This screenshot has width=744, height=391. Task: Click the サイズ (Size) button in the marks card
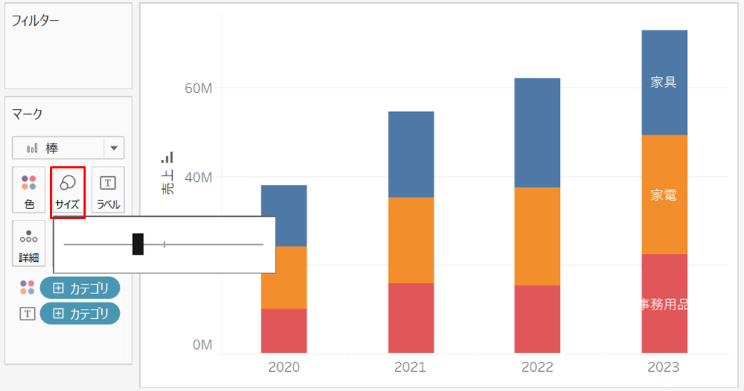(68, 192)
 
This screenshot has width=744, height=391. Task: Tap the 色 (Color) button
(29, 190)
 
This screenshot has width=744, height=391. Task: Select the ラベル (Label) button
(109, 190)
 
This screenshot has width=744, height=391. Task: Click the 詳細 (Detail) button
(29, 243)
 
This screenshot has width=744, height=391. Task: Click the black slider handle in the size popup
(138, 244)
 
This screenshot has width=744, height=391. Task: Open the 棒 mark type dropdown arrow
(114, 148)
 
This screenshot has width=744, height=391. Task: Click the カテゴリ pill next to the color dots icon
(80, 288)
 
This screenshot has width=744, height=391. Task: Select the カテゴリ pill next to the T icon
(80, 313)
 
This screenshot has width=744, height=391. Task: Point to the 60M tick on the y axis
(198, 88)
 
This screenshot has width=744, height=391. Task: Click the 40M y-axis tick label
(198, 177)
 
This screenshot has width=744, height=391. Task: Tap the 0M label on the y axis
(203, 345)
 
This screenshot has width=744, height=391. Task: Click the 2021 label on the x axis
(411, 367)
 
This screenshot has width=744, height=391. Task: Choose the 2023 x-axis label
(664, 367)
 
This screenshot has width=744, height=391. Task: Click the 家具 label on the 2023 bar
(663, 82)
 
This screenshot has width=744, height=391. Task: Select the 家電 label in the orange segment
(663, 195)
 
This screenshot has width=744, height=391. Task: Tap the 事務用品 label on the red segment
(664, 304)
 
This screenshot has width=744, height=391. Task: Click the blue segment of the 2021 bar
(411, 155)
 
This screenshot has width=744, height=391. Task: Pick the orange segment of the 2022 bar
(537, 236)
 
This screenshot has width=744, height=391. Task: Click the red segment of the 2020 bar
(283, 331)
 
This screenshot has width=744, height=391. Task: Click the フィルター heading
(36, 21)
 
